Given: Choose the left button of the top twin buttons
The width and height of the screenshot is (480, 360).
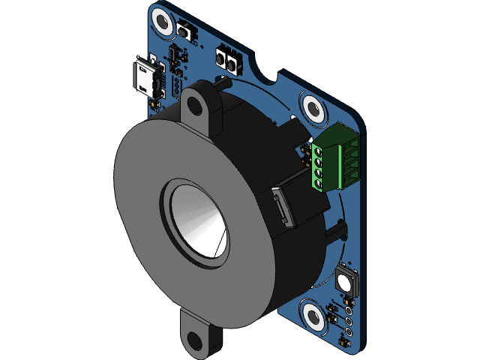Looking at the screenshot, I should click(x=222, y=57).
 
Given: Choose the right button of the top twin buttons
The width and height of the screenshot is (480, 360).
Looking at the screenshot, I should click(x=233, y=62).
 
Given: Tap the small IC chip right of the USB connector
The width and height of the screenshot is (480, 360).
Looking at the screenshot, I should click(x=176, y=55).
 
